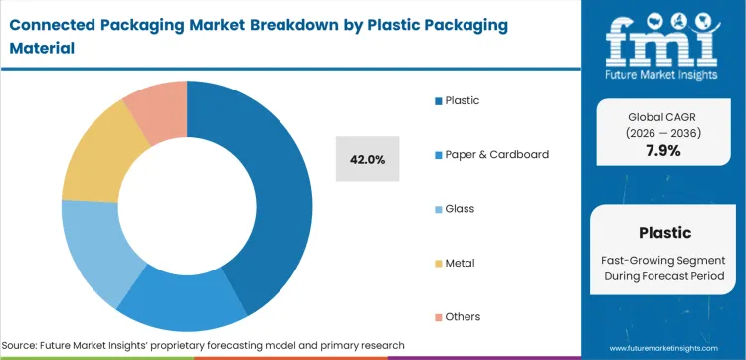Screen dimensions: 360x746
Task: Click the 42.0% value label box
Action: pyautogui.click(x=369, y=159)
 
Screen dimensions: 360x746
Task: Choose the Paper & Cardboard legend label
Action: pyautogui.click(x=496, y=154)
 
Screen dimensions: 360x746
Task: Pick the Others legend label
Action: pyautogui.click(x=464, y=316)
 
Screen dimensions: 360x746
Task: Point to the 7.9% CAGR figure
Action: pyautogui.click(x=663, y=149)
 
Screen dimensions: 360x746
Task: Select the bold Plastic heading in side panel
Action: pyautogui.click(x=663, y=233)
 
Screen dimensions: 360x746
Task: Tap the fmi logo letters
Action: pyautogui.click(x=663, y=38)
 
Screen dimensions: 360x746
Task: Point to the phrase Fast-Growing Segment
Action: pyautogui.click(x=663, y=259)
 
